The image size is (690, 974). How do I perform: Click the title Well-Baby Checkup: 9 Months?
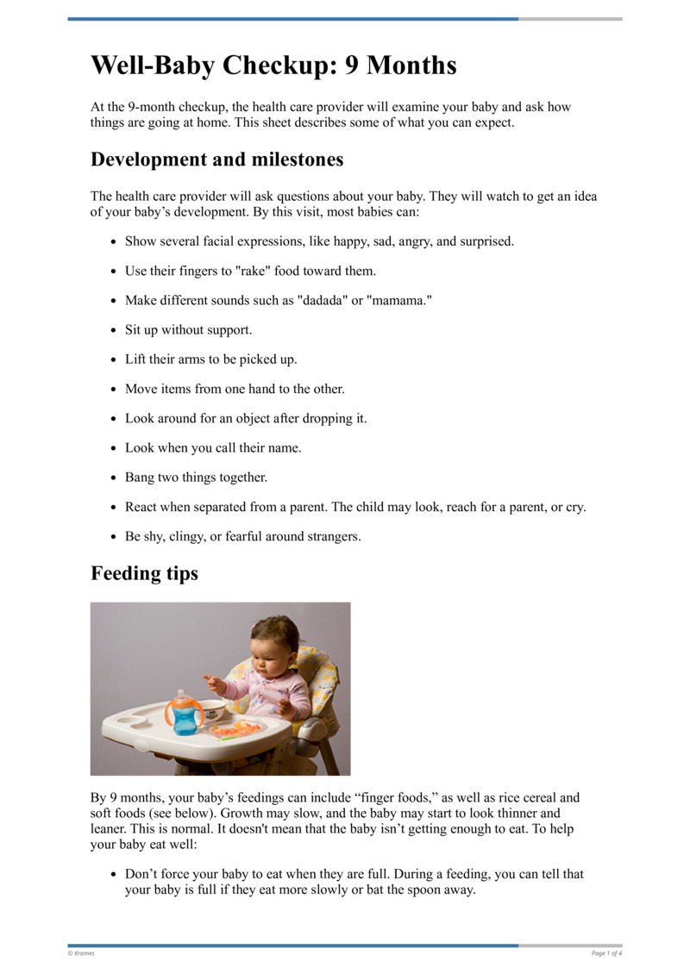(x=273, y=66)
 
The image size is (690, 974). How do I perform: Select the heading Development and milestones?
(x=216, y=159)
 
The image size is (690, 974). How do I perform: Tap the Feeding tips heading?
(x=144, y=573)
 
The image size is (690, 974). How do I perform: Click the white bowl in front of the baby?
(x=210, y=709)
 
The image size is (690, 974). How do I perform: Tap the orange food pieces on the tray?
(x=236, y=730)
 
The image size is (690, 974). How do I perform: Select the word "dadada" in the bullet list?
(x=320, y=300)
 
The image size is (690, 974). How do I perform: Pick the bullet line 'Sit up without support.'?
(x=188, y=330)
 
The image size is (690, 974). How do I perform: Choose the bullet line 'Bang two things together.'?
(x=196, y=478)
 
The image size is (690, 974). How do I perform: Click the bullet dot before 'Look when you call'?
(x=113, y=449)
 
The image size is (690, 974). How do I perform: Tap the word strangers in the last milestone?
(x=329, y=536)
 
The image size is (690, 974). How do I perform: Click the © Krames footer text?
(x=81, y=953)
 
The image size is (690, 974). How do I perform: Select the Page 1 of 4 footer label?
(x=606, y=953)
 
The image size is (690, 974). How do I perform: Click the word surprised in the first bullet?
(x=485, y=241)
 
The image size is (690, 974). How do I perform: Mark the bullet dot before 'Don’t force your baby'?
(x=113, y=875)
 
